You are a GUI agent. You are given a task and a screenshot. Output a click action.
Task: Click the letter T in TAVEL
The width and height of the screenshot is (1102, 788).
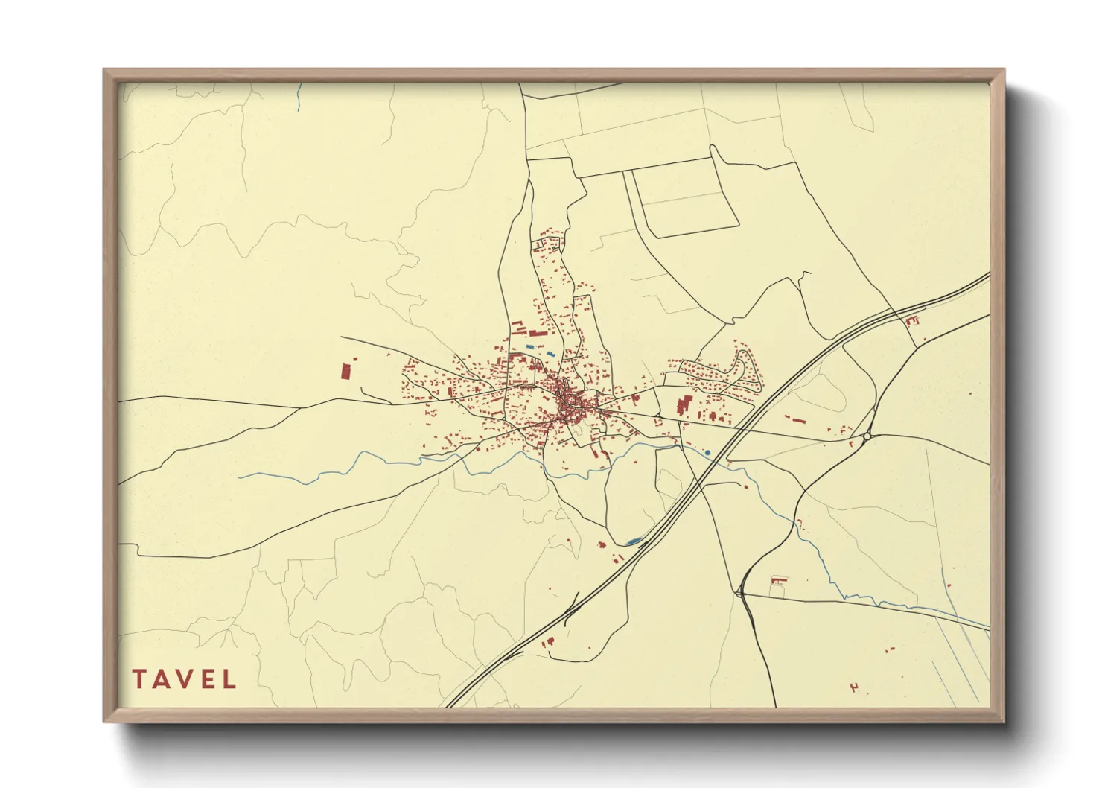click(139, 679)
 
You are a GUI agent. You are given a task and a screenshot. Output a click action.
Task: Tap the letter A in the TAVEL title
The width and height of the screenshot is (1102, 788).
click(162, 679)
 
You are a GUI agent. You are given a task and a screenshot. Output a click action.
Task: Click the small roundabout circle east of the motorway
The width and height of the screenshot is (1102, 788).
click(867, 436)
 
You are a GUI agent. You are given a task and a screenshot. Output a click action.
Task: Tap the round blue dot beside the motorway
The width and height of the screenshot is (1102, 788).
click(707, 452)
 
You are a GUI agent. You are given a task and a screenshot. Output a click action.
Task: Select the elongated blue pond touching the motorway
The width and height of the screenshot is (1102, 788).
click(634, 541)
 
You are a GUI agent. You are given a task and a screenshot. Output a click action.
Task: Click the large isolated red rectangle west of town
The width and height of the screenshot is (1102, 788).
click(345, 370)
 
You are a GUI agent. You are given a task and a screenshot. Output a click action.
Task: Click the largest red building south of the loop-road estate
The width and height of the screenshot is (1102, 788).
click(682, 407)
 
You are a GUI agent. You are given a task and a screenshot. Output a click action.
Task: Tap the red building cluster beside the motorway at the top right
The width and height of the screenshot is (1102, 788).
click(912, 321)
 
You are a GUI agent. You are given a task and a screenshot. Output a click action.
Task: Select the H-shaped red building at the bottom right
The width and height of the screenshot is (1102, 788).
click(854, 687)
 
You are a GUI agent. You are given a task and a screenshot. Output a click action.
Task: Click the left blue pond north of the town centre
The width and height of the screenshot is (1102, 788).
click(529, 347)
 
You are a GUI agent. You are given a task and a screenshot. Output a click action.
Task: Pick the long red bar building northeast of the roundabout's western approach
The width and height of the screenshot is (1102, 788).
click(796, 420)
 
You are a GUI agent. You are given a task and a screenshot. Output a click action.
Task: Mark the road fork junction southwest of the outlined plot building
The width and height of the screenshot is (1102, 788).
click(739, 593)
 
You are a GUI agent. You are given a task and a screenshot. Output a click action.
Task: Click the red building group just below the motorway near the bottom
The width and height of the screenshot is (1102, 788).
click(549, 642)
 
